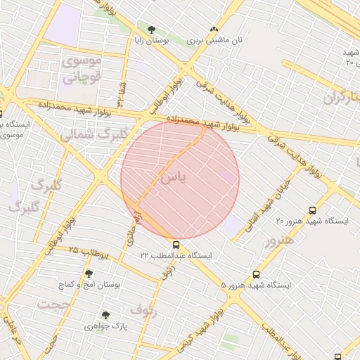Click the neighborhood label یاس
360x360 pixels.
point(174,178)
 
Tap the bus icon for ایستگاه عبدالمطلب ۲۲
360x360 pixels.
point(176,245)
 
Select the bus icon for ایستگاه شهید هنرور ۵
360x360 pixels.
point(256,274)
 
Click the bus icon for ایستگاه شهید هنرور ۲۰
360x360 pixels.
point(313,210)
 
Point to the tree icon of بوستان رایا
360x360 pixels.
point(152,30)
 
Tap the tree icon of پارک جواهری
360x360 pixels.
point(105,315)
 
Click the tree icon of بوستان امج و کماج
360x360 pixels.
point(89,274)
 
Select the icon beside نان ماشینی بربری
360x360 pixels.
point(214,30)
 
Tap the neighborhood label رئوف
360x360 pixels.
point(143,309)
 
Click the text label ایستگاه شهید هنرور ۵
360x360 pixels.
point(256,285)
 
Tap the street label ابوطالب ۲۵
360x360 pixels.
point(89,252)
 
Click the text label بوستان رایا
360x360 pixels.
point(152,41)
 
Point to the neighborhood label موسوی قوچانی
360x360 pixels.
point(82,69)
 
